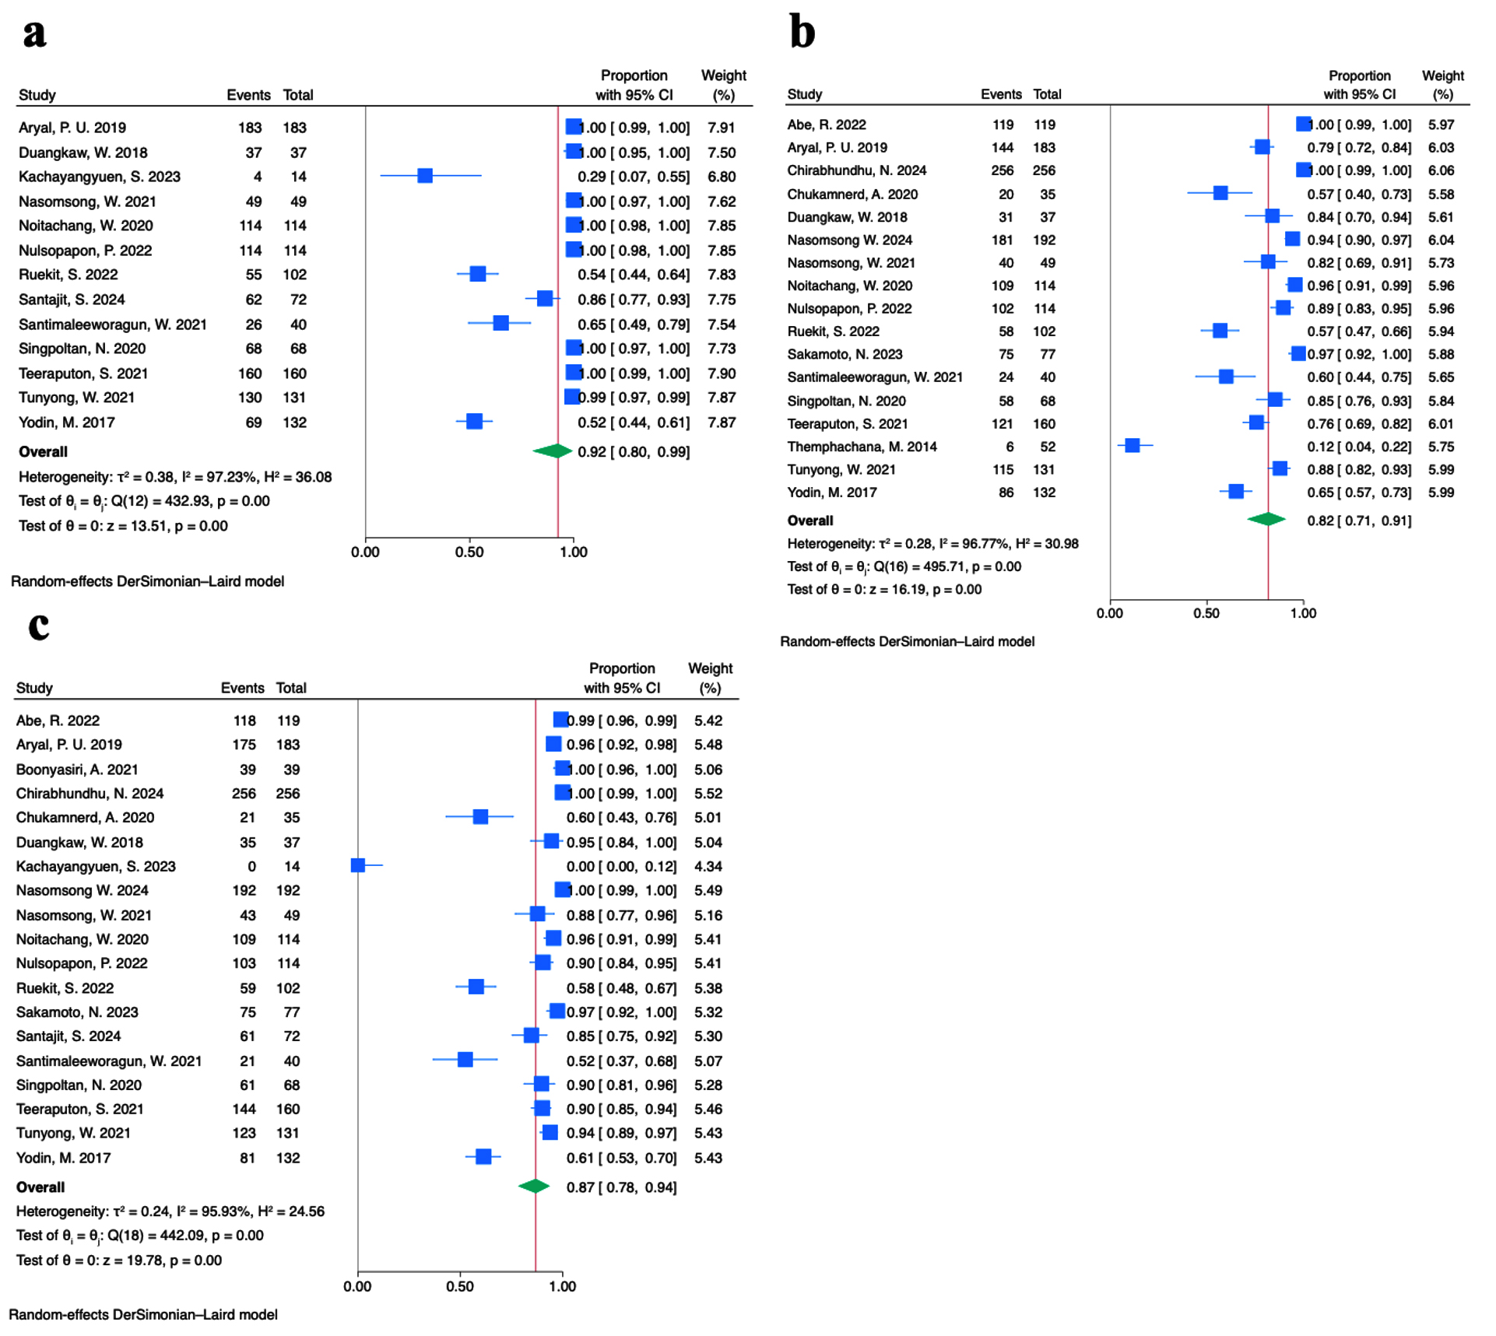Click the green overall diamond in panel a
(553, 451)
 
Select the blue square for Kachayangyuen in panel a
(425, 176)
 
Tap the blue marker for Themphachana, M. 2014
(1133, 446)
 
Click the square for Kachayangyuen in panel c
(358, 865)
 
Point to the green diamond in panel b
(1266, 519)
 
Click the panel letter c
(39, 626)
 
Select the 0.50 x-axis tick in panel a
(469, 552)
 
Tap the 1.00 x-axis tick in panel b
(1303, 613)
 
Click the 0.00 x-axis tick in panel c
(358, 1286)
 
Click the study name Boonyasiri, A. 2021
(77, 770)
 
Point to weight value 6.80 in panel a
(722, 177)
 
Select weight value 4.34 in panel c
(708, 866)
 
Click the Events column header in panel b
(1001, 94)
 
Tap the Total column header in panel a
(298, 95)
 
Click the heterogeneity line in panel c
(170, 1212)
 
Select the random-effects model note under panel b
(908, 642)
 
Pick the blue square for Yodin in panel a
(475, 422)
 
